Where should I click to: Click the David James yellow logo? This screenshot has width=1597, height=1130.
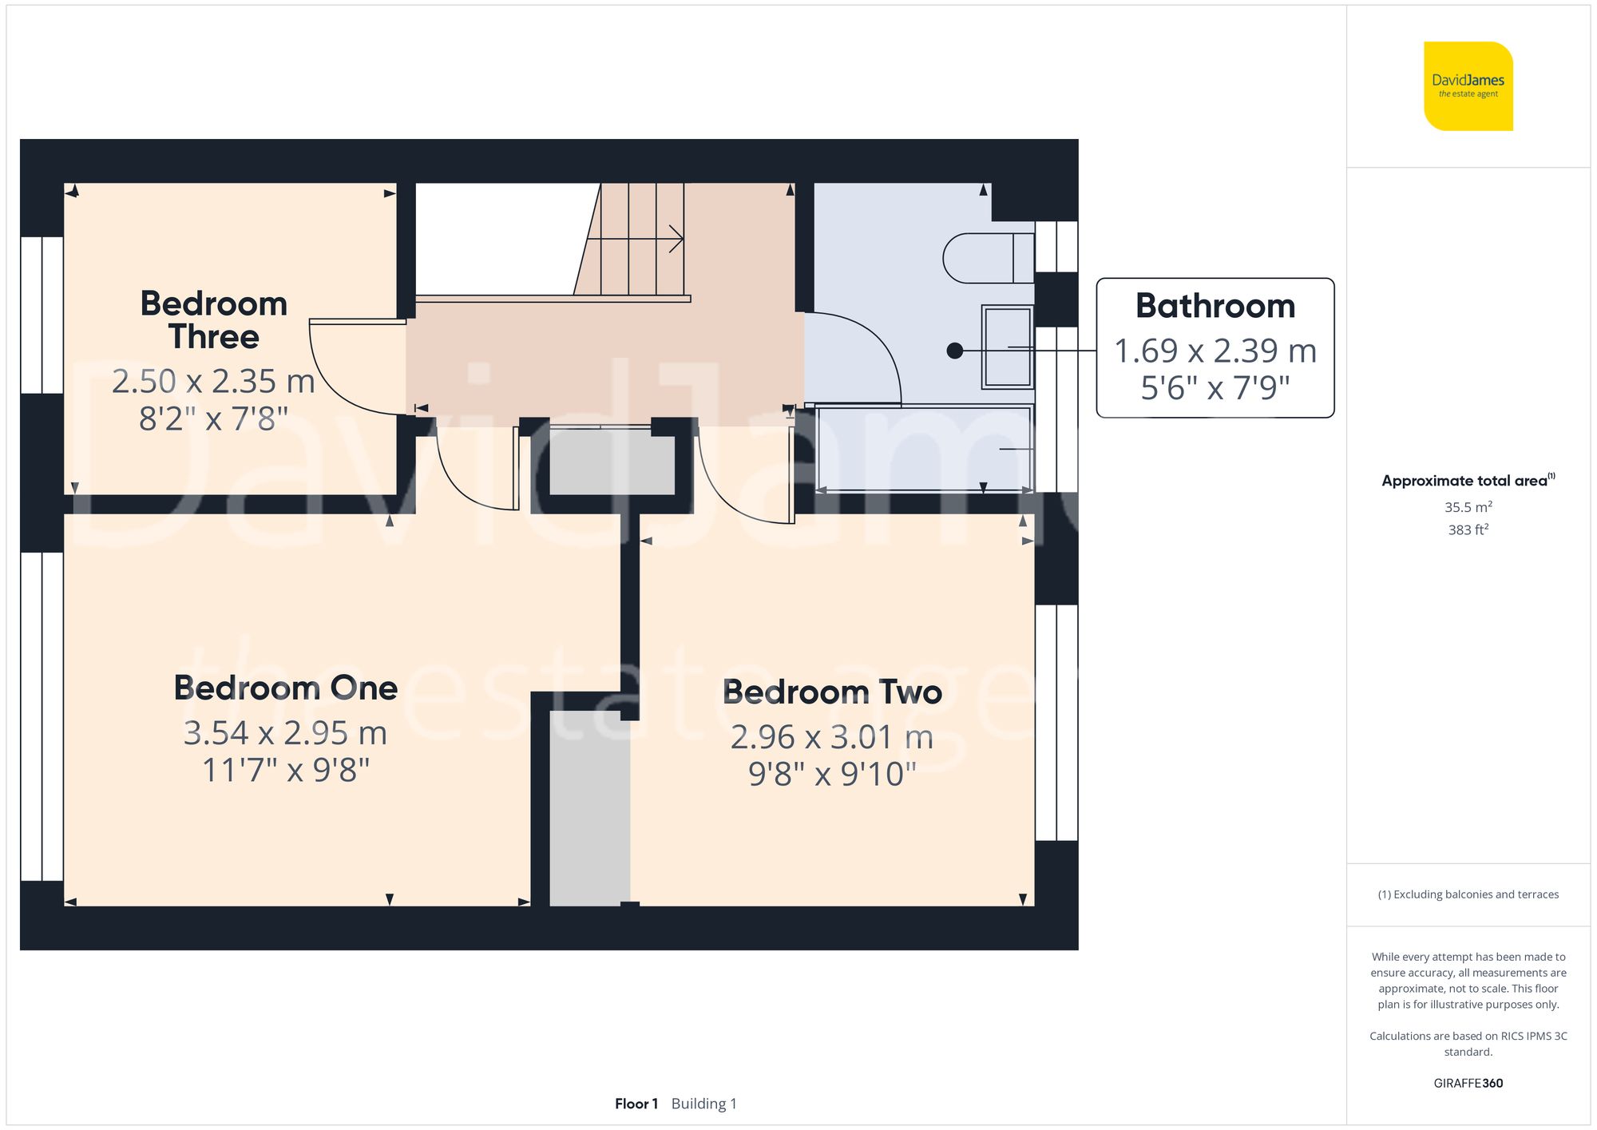(x=1468, y=86)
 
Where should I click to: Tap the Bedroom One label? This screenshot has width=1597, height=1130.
(x=286, y=688)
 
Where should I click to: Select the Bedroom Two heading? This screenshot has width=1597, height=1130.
(x=832, y=692)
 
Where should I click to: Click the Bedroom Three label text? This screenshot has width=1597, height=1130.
(x=213, y=319)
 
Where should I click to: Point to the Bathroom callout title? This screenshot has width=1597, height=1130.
(x=1215, y=306)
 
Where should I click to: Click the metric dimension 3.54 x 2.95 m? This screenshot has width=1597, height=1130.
(x=285, y=733)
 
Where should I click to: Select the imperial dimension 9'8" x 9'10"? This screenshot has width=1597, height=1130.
(x=832, y=774)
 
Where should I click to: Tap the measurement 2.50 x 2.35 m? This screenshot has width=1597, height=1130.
(x=213, y=381)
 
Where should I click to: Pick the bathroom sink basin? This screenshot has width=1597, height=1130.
(x=1007, y=347)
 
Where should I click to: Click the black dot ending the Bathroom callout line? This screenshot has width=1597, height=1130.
(x=954, y=351)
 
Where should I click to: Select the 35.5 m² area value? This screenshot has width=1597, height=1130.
(x=1468, y=507)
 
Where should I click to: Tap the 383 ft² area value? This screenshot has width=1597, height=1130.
(x=1468, y=529)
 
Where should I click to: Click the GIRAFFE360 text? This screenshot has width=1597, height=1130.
(x=1468, y=1083)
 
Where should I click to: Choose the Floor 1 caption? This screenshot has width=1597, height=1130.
(x=636, y=1104)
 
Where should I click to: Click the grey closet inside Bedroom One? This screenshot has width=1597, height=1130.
(x=589, y=807)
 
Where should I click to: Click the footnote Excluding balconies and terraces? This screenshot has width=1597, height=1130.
(x=1468, y=894)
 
